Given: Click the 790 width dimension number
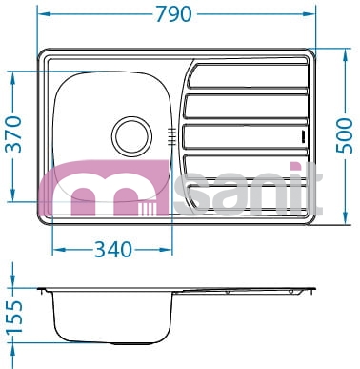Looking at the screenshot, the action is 174,14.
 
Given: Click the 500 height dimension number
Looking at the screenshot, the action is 345,135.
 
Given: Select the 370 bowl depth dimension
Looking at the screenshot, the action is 14,134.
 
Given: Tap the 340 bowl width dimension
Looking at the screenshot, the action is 113,250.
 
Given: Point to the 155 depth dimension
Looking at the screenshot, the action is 15,317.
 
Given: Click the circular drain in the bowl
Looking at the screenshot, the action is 131,136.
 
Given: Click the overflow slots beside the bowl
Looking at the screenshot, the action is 171,136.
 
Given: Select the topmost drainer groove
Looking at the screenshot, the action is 248,75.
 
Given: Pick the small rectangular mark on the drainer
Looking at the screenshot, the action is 303,136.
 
